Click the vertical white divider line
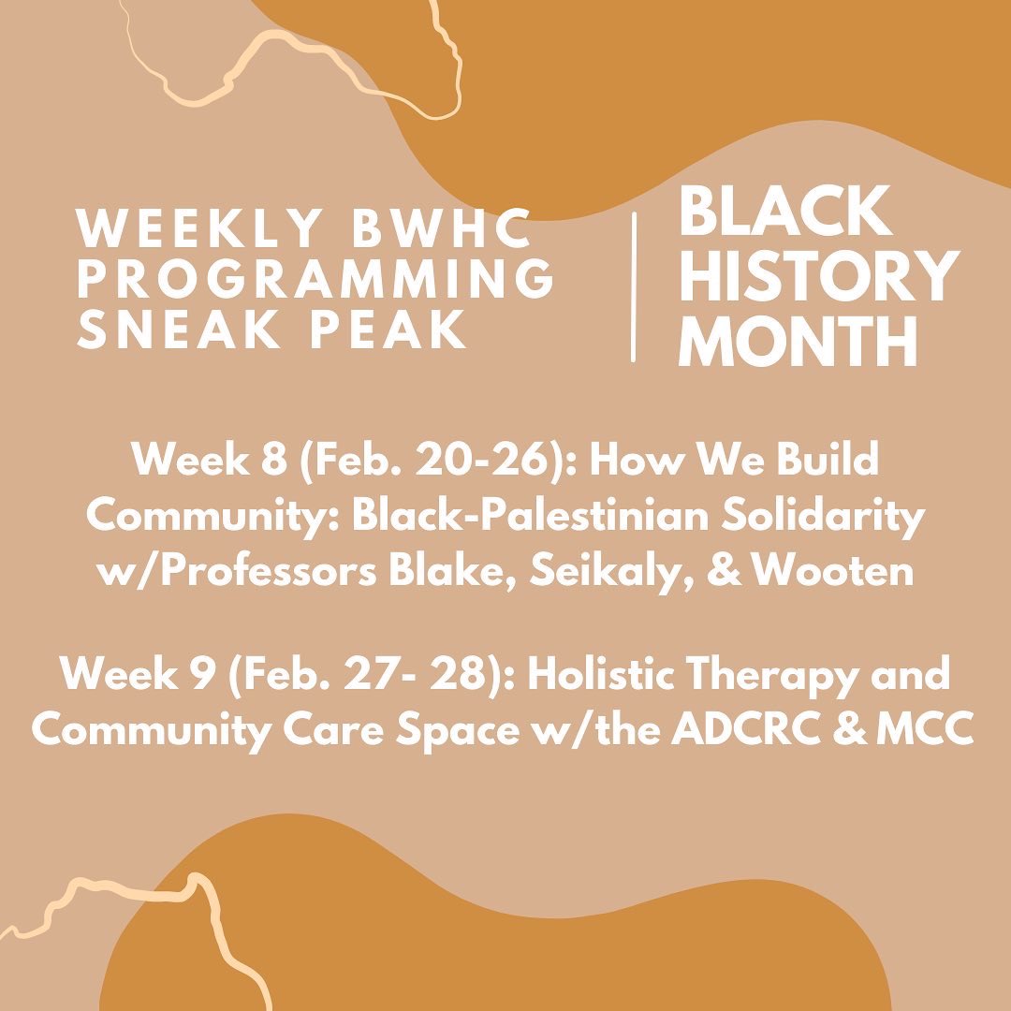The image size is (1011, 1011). pos(635,286)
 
